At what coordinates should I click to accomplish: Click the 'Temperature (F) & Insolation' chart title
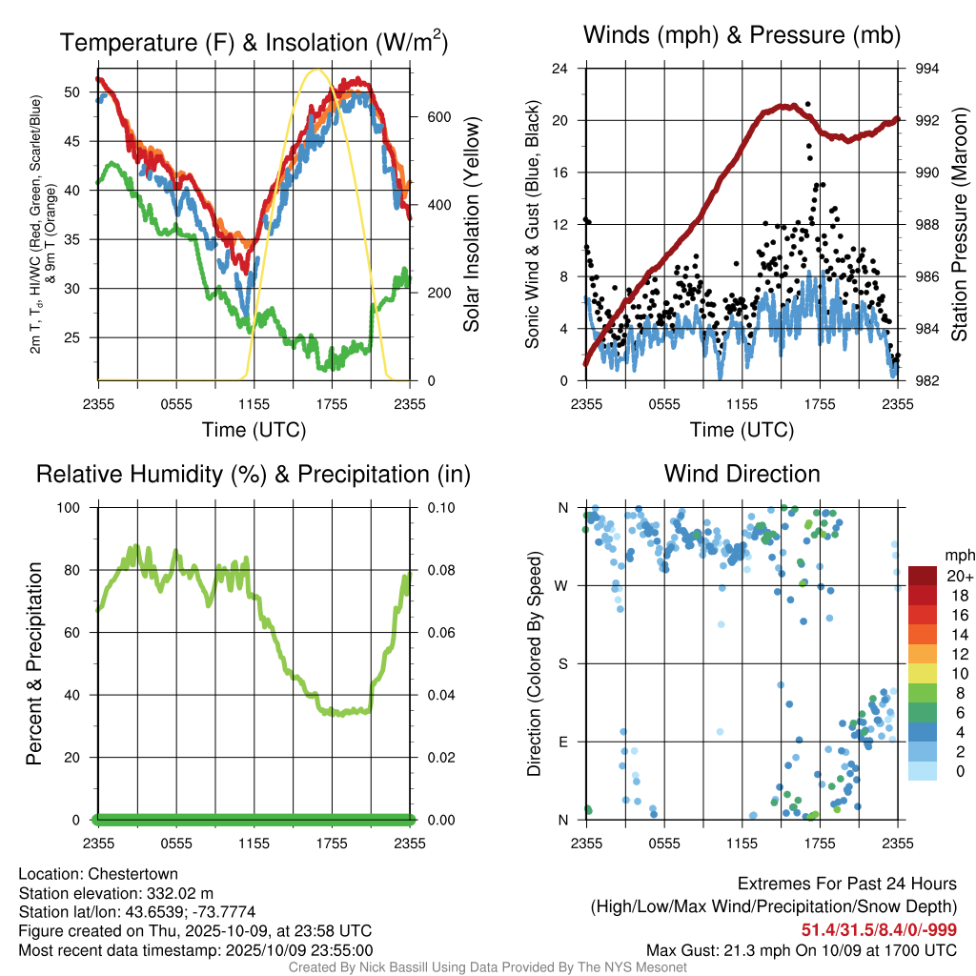pyautogui.click(x=254, y=42)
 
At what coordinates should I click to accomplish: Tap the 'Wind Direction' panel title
pyautogui.click(x=742, y=474)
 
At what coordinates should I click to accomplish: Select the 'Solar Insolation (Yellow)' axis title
pyautogui.click(x=471, y=225)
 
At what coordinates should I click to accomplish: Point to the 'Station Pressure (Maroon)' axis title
pyautogui.click(x=960, y=225)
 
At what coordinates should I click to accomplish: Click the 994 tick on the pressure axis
pyautogui.click(x=927, y=69)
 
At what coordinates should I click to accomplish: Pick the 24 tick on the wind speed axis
pyautogui.click(x=560, y=69)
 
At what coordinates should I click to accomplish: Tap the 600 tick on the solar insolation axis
pyautogui.click(x=437, y=117)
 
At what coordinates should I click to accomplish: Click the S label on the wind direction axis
pyautogui.click(x=563, y=663)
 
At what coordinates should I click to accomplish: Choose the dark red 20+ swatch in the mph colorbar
pyautogui.click(x=924, y=576)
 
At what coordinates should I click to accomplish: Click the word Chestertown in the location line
pyautogui.click(x=133, y=874)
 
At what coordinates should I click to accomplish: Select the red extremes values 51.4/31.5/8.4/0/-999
pyautogui.click(x=879, y=930)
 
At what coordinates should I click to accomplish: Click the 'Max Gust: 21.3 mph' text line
pyautogui.click(x=801, y=949)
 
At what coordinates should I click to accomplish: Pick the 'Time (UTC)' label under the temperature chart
pyautogui.click(x=254, y=430)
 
